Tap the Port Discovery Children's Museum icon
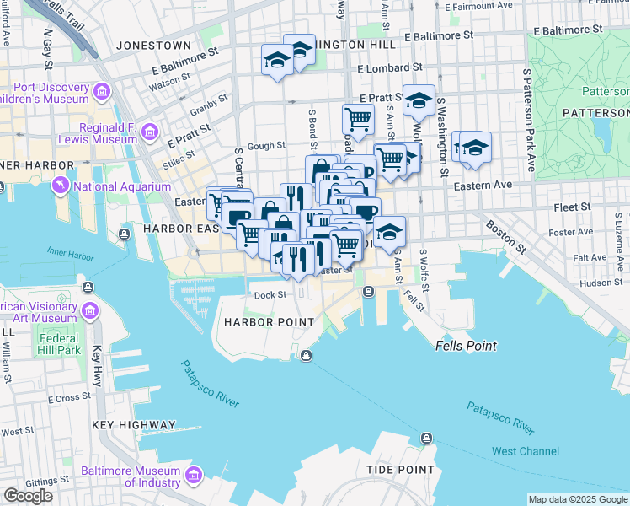102,90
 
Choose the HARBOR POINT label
268,322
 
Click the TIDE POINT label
401,470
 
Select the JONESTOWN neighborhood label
154,45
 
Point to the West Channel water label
525,451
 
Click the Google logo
28,496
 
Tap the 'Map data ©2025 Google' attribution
577,499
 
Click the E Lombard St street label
389,67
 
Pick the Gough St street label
266,146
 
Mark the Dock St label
271,295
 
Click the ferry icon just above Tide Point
426,439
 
